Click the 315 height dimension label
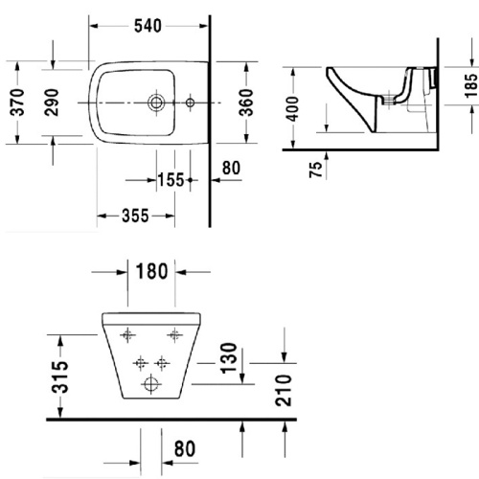click(x=60, y=377)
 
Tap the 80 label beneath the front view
click(x=186, y=447)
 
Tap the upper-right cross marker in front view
click(x=174, y=334)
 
